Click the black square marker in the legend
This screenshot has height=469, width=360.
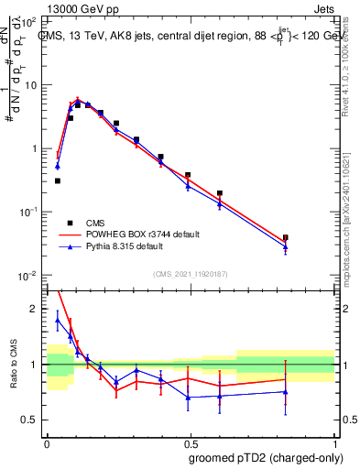[70, 223]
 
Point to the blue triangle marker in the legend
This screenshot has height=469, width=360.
[70, 246]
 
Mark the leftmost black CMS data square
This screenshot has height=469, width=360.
[58, 180]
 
